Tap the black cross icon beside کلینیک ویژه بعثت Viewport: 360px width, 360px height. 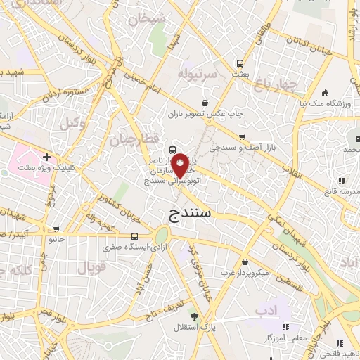[x=46, y=157]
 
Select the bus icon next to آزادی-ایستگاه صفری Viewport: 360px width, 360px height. [x=134, y=236]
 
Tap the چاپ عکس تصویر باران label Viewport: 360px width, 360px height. [x=201, y=112]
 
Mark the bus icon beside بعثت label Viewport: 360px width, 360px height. [x=240, y=61]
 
